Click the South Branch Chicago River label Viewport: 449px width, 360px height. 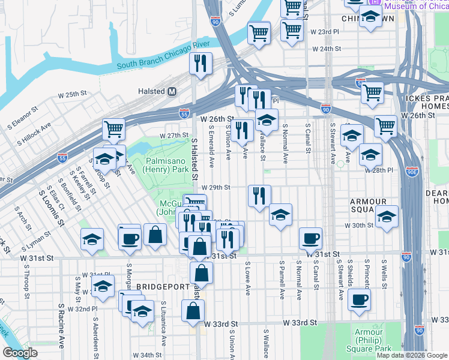163,56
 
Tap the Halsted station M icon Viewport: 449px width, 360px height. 172,91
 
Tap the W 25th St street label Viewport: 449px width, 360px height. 72,95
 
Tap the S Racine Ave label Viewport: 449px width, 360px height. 61,325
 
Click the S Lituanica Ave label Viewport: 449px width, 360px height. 163,327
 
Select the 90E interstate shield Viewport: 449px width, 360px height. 413,172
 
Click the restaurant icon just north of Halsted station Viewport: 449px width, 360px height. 200,63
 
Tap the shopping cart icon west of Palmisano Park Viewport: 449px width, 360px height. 113,128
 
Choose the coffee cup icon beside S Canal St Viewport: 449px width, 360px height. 310,238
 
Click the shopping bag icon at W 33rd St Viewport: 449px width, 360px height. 193,311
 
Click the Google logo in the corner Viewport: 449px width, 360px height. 20,353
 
